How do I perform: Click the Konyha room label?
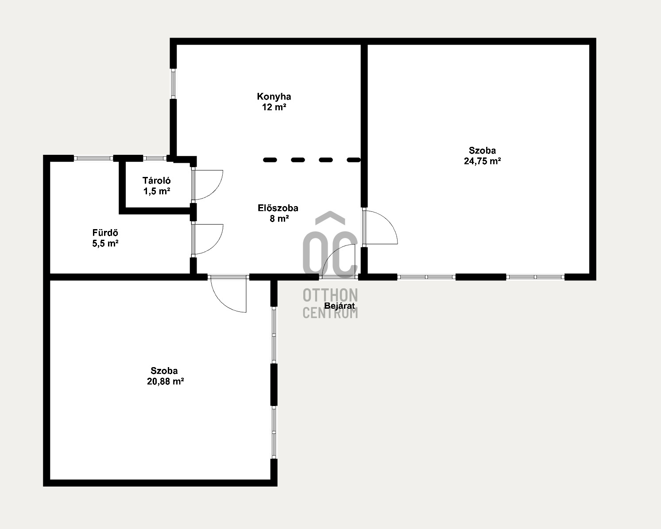[274, 97]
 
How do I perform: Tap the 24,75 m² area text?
[482, 161]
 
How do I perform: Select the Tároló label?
[157, 180]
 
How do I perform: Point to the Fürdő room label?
[105, 233]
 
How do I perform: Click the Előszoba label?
[278, 208]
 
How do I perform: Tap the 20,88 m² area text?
[165, 381]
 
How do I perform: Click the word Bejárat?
[340, 306]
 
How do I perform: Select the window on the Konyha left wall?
[173, 84]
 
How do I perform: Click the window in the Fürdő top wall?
[93, 158]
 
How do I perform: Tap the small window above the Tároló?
[155, 158]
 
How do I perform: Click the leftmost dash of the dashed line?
[270, 160]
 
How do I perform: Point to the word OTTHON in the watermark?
[330, 295]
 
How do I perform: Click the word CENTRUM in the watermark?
[330, 313]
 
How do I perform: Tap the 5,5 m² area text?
[105, 244]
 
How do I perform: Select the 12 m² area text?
[274, 107]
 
